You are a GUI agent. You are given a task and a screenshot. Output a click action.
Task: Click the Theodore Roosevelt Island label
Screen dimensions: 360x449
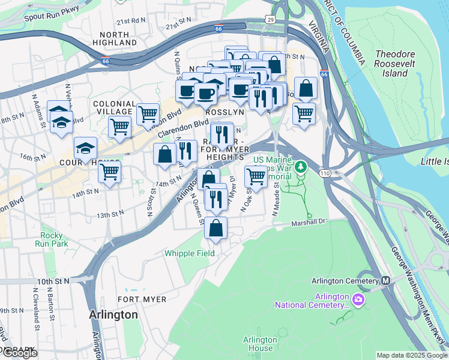(391, 64)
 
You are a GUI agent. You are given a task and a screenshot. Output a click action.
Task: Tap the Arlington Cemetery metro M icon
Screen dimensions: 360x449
(386, 280)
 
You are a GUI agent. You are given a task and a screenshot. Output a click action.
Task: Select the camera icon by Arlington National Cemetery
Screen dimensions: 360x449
(358, 299)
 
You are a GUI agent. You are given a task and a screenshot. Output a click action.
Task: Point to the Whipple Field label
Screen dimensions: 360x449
(190, 253)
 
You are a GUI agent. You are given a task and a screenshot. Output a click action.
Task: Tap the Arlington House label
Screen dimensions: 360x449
(260, 344)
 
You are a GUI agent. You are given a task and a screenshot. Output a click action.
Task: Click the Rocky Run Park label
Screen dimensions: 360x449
(52, 240)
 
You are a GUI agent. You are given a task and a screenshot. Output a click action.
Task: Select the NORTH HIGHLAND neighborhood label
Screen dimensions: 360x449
(115, 39)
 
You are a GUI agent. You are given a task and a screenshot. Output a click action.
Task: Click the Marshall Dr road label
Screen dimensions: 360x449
(307, 221)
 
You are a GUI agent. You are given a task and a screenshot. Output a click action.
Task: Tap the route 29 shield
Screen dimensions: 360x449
(271, 20)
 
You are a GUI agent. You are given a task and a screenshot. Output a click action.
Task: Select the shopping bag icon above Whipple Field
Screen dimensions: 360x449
(215, 228)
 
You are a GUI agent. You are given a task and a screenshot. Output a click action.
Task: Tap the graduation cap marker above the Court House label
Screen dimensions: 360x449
(86, 148)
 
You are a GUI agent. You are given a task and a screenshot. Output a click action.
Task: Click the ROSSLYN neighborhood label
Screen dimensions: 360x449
(224, 112)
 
